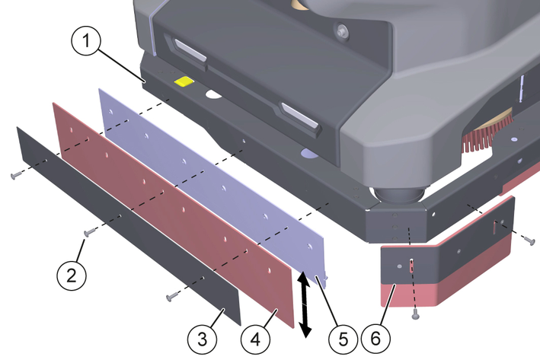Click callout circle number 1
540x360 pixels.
86,41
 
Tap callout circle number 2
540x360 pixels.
72,276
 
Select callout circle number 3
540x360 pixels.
202,339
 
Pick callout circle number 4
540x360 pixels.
255,339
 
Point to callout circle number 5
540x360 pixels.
343,339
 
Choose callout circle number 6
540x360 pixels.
375,339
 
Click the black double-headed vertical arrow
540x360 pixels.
304,304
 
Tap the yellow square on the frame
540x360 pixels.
184,81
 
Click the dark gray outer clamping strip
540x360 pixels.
128,225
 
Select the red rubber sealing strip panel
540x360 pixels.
174,215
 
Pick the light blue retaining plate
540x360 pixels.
212,186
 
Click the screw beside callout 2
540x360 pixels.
90,233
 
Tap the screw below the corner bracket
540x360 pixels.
416,314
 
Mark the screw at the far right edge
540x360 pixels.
530,241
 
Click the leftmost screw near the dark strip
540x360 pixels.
16,177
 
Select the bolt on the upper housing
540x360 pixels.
342,32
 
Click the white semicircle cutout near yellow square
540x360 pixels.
213,94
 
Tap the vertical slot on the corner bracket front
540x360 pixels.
411,266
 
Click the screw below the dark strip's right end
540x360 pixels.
171,297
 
